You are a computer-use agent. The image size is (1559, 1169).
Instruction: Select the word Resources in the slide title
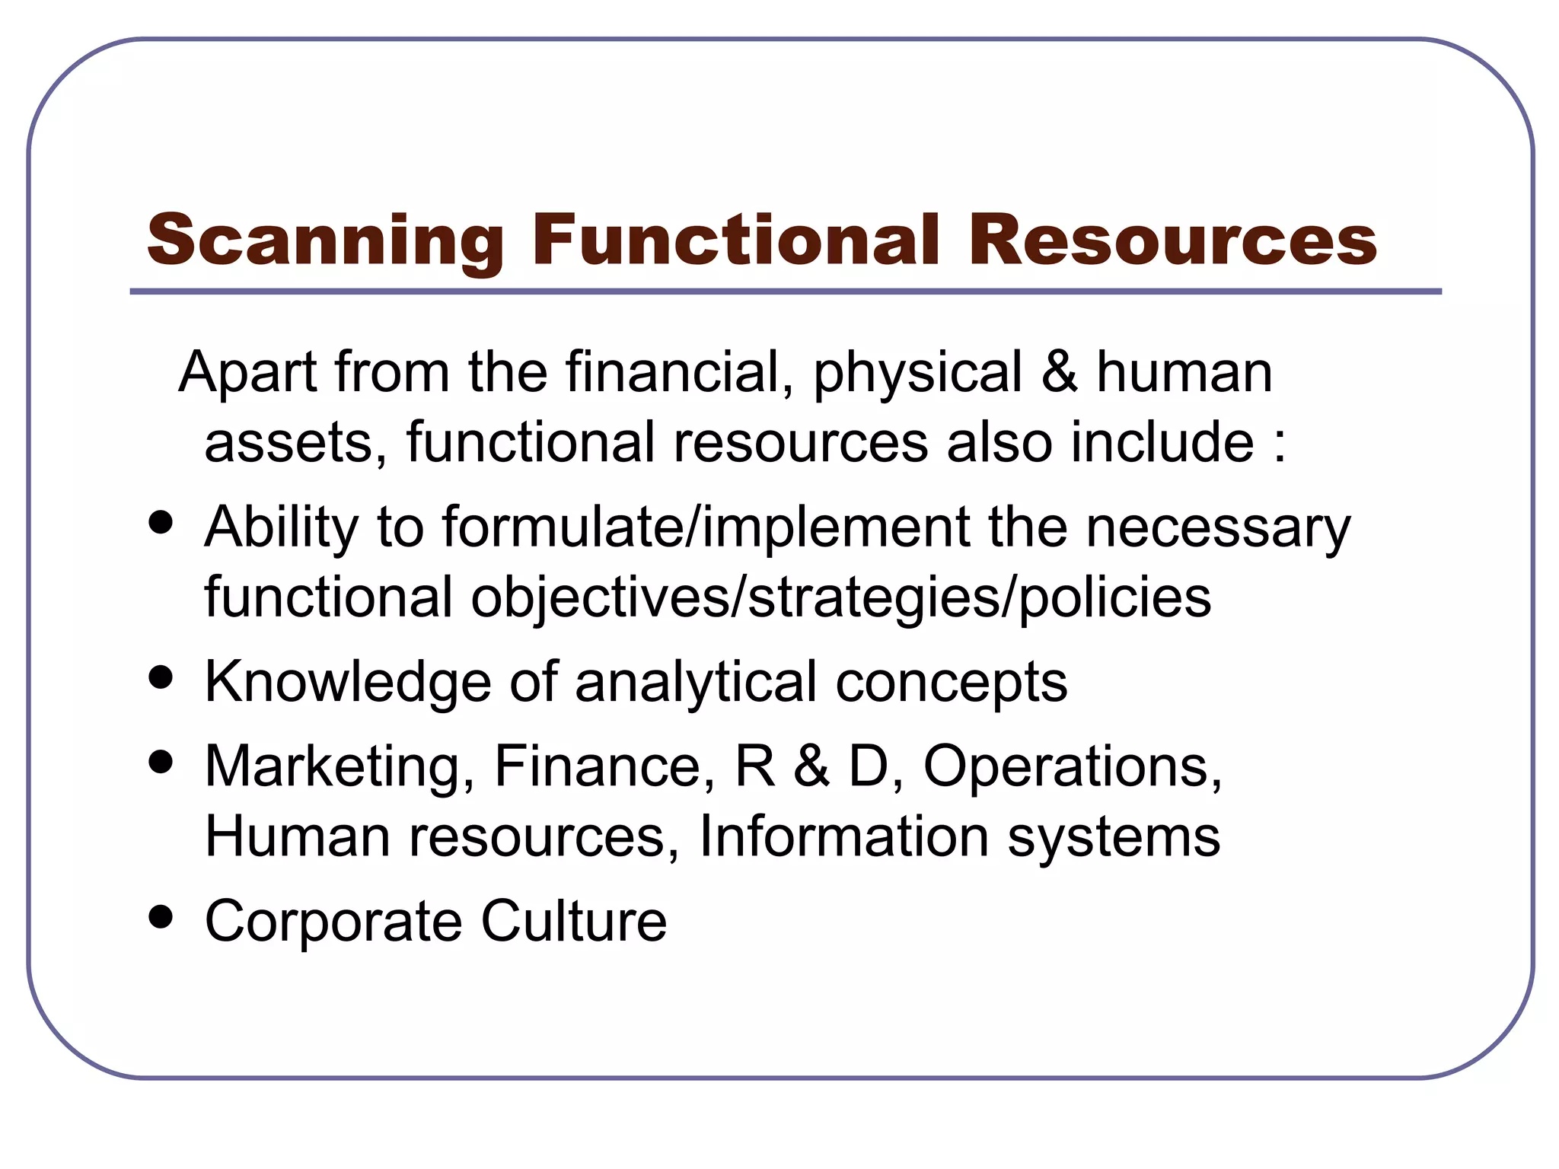(1172, 240)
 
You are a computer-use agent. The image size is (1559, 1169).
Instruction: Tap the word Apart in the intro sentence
(248, 373)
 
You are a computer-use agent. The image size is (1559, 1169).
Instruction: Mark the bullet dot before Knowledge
(161, 677)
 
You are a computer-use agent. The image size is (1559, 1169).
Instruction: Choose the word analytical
(696, 682)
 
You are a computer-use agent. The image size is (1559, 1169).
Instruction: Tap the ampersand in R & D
(811, 766)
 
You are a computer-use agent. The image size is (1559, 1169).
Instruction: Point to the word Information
(844, 836)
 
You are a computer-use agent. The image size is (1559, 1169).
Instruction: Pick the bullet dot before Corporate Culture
(161, 917)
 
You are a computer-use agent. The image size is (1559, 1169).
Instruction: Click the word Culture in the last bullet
(574, 921)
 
